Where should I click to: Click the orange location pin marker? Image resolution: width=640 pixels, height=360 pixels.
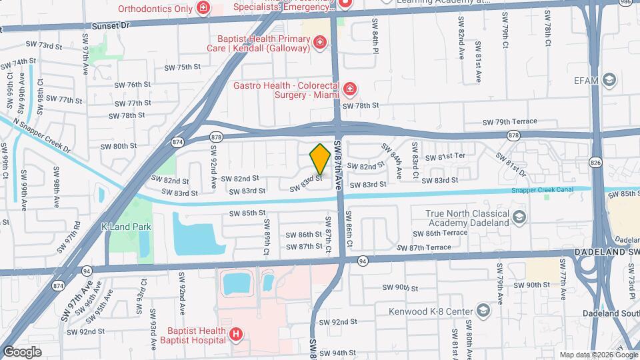[x=321, y=159]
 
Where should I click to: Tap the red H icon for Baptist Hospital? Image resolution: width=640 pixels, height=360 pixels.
[x=235, y=334]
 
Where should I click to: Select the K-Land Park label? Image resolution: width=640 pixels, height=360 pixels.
[x=127, y=227]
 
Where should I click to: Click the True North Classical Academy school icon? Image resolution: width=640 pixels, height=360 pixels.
[x=520, y=217]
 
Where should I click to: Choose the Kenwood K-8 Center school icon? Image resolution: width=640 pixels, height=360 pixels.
[x=483, y=311]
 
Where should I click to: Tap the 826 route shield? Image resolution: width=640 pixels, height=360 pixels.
[x=595, y=162]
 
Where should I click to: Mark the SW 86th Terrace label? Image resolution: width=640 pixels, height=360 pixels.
[x=440, y=233]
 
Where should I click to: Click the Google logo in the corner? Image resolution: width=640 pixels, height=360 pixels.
[x=21, y=352]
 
